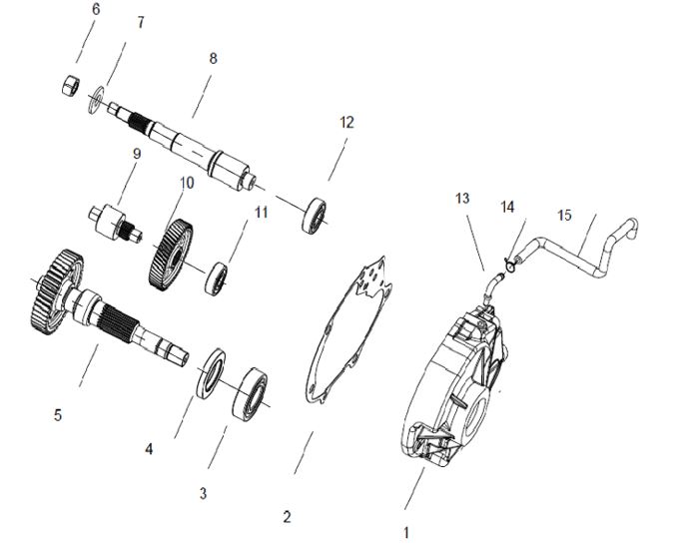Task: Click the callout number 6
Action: pos(96,9)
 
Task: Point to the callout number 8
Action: pos(213,59)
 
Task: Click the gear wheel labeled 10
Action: pos(172,256)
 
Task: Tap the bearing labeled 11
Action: pos(217,278)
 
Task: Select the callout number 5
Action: pos(58,414)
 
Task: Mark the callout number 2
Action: pos(287,517)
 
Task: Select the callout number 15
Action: pos(564,215)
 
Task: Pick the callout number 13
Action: pos(461,199)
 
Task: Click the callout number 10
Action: pos(186,183)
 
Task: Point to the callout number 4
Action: pos(149,449)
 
